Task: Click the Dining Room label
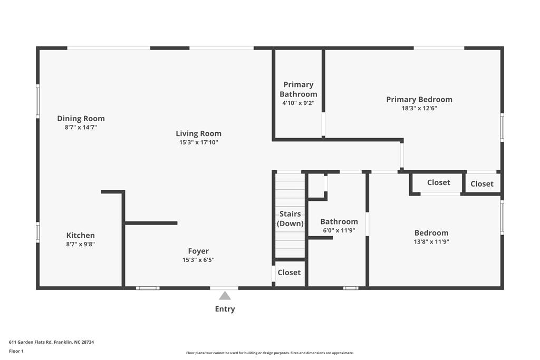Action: (81, 119)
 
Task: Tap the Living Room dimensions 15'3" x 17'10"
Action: (198, 142)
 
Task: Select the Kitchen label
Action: (80, 236)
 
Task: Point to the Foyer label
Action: (198, 251)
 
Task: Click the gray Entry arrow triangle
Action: (225, 296)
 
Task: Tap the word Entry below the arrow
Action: (225, 309)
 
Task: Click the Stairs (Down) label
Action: (290, 219)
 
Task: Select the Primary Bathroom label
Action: (298, 89)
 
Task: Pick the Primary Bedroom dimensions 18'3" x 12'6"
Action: (419, 108)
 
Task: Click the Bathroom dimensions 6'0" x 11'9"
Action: (339, 230)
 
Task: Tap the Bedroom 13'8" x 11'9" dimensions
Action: (431, 242)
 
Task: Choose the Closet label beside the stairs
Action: (289, 273)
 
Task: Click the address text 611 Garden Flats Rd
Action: (51, 342)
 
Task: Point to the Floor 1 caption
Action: (16, 351)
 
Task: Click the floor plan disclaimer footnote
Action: (269, 353)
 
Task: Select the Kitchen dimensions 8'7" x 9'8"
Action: (80, 244)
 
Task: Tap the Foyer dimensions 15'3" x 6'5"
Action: (198, 260)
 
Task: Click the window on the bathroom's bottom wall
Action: (351, 288)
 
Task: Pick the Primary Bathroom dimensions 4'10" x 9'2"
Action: (298, 103)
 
